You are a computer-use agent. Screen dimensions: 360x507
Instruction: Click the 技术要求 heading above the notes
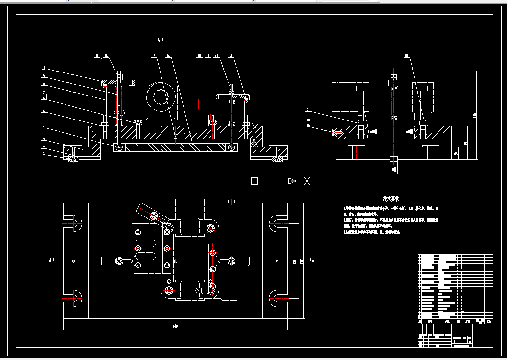[391, 199]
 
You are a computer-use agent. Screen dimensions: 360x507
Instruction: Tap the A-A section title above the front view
[159, 40]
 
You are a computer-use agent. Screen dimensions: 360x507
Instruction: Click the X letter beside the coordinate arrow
[307, 181]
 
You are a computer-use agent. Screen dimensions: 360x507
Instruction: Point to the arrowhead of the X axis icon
[292, 181]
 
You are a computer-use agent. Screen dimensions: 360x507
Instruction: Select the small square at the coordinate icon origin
[254, 181]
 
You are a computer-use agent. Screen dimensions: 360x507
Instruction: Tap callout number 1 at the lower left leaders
[43, 154]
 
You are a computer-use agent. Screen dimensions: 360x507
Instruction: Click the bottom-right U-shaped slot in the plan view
[277, 297]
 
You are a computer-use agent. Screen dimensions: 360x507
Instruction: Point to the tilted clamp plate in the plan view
[152, 214]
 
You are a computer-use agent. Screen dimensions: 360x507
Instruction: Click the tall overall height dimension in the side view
[475, 115]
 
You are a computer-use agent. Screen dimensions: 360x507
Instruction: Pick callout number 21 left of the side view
[308, 110]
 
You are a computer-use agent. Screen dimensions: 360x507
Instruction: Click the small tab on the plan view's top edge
[231, 200]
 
